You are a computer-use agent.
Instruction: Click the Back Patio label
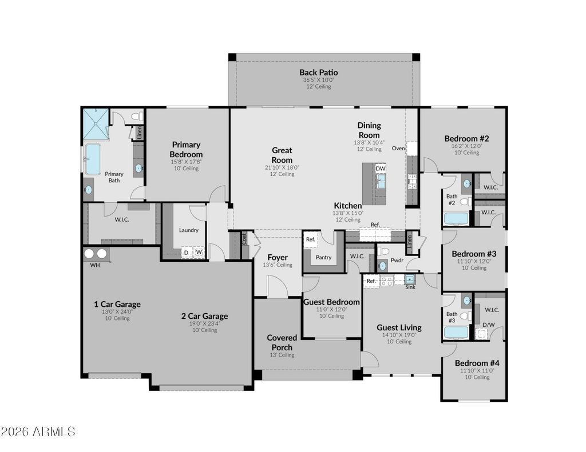tap(318, 73)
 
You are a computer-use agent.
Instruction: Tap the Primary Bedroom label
tap(186, 149)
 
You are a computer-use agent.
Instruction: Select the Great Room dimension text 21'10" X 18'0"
tap(282, 167)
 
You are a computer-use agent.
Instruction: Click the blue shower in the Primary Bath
tap(96, 124)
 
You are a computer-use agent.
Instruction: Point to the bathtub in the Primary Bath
tap(93, 159)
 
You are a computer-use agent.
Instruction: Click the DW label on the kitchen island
tap(381, 169)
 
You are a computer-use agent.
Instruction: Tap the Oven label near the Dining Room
tap(398, 148)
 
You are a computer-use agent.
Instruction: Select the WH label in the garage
tap(95, 265)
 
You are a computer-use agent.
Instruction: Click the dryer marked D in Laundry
tap(186, 253)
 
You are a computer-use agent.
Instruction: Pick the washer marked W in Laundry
tap(199, 253)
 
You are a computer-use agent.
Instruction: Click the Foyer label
tap(278, 258)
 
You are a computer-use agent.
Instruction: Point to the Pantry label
tap(324, 257)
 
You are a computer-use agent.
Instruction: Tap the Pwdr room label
tap(397, 260)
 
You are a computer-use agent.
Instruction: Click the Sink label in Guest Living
tap(410, 287)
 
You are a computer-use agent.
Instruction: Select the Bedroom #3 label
tap(474, 254)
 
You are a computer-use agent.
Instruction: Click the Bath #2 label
tap(452, 199)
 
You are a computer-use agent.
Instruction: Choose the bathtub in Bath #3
tap(456, 333)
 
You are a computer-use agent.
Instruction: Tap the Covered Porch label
tap(282, 342)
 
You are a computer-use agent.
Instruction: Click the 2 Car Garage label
tap(204, 316)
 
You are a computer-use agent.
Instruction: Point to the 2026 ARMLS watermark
tap(38, 432)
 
